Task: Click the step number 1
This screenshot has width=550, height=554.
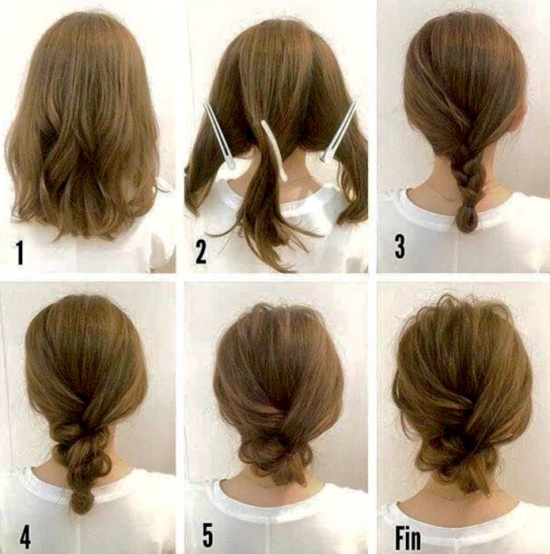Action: click(x=19, y=252)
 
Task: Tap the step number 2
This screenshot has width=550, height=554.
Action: click(x=201, y=252)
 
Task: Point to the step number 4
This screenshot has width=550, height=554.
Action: click(x=25, y=537)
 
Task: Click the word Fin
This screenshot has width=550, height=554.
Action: click(x=408, y=537)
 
